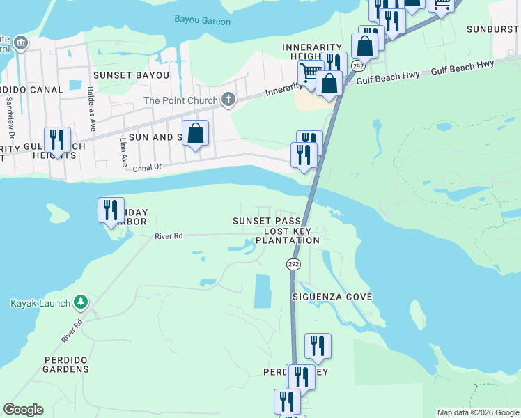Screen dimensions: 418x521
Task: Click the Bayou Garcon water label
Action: click(203, 22)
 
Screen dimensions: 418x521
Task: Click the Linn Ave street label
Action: click(124, 147)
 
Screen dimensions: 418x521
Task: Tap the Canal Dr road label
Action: click(146, 167)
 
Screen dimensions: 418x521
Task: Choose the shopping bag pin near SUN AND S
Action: click(196, 132)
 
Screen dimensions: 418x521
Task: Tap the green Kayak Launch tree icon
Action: click(81, 302)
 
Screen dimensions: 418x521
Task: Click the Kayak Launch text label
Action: click(40, 303)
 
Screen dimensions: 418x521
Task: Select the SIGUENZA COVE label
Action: click(332, 297)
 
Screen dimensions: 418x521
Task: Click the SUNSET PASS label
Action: click(267, 221)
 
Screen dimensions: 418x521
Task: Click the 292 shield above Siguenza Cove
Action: click(293, 264)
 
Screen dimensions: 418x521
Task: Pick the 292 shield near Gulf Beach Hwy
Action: click(357, 65)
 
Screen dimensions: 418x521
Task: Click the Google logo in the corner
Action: click(23, 410)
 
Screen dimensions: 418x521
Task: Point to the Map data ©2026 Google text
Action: click(477, 412)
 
